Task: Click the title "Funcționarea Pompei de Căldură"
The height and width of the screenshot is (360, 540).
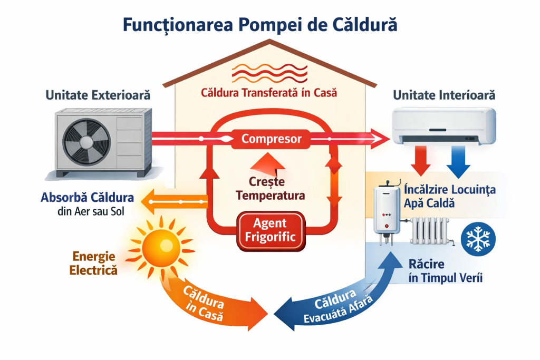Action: tap(259, 25)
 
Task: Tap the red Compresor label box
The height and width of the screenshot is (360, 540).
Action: tap(271, 139)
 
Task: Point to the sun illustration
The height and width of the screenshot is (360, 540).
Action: tap(161, 245)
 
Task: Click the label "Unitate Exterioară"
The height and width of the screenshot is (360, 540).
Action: tap(98, 95)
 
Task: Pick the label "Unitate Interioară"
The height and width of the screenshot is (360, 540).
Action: tap(445, 95)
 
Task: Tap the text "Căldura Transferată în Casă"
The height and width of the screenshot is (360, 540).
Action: tap(269, 93)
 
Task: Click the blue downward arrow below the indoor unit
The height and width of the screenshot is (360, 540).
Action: tap(458, 162)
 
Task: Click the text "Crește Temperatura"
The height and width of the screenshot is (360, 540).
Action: tap(271, 189)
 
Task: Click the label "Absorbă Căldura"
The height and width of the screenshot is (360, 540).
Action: tap(87, 199)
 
